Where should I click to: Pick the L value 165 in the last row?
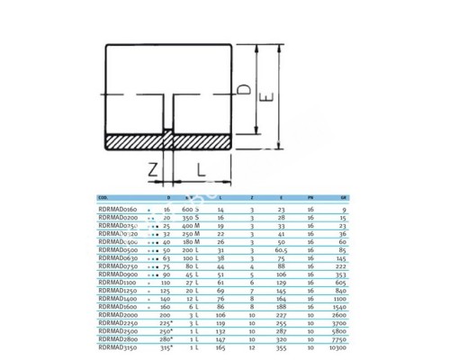220,346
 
